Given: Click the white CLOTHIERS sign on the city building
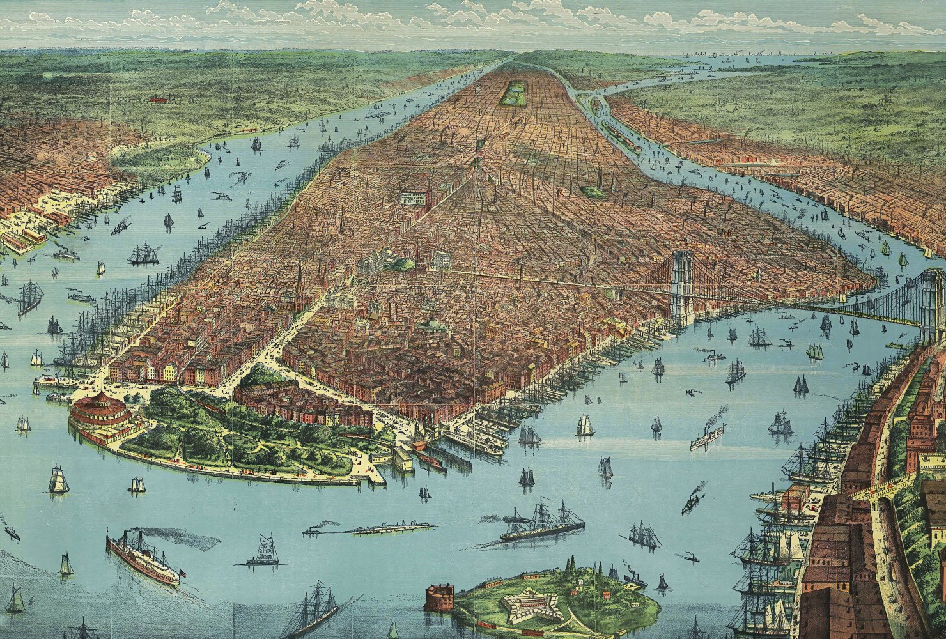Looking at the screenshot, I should click(x=414, y=198).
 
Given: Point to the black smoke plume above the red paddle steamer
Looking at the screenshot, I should click(x=179, y=538).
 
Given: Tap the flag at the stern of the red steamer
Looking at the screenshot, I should click(x=182, y=573).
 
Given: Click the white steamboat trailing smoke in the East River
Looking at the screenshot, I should click(x=707, y=436).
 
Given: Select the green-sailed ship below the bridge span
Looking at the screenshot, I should click(x=814, y=351).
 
